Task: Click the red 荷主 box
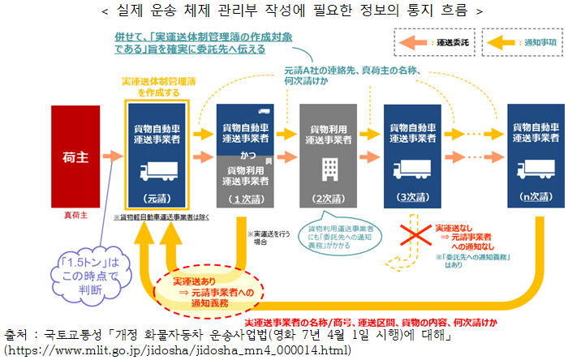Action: [x=75, y=156]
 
